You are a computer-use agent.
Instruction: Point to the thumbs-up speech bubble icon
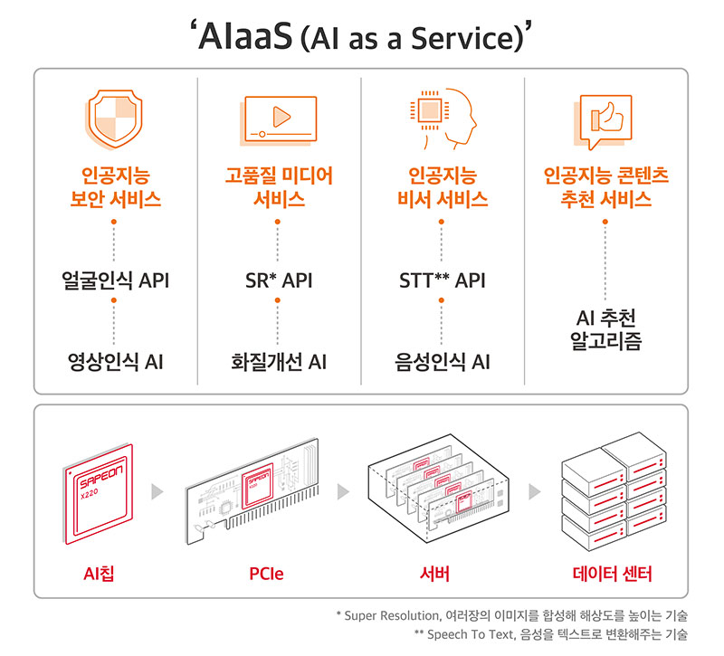605,120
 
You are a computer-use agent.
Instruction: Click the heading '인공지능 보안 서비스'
115,186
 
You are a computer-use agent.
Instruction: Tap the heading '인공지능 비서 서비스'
442,186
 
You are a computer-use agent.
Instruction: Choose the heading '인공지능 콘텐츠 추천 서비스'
605,186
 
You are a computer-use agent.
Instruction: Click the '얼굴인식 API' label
115,280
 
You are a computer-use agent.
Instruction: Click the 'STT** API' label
442,280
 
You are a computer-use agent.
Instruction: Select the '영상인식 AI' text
115,362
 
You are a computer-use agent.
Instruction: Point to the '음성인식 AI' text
442,362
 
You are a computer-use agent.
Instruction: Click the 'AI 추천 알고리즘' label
605,331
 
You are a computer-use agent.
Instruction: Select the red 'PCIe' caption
265,574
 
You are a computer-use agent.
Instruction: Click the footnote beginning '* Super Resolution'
511,615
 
